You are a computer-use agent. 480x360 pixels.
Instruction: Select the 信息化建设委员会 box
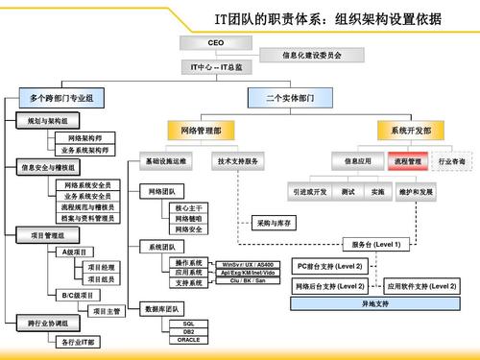point(312,56)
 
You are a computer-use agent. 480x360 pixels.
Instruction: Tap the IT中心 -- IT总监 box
point(217,67)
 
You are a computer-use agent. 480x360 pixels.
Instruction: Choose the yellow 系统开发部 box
point(410,129)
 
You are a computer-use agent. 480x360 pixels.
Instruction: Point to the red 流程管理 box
point(408,162)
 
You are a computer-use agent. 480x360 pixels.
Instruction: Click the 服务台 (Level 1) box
point(376,245)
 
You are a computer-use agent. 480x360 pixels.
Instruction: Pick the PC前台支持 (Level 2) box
point(329,265)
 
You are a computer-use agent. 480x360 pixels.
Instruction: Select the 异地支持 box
point(375,303)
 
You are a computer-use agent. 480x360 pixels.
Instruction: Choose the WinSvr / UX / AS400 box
point(247,263)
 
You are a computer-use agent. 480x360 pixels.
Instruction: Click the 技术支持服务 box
point(239,162)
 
